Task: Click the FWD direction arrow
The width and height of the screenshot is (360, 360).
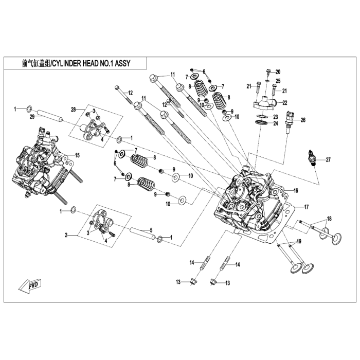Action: tap(30, 284)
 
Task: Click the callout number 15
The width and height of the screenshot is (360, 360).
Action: tap(78, 155)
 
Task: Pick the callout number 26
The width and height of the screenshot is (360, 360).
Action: tap(303, 120)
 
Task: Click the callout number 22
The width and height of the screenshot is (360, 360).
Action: tap(284, 102)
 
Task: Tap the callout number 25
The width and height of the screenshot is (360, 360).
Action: tap(278, 81)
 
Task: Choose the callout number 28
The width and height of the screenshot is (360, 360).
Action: tap(73, 110)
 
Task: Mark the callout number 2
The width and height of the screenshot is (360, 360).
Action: tap(66, 235)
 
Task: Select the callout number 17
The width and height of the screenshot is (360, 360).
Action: tap(306, 207)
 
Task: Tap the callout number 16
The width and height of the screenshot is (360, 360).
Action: tap(296, 191)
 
